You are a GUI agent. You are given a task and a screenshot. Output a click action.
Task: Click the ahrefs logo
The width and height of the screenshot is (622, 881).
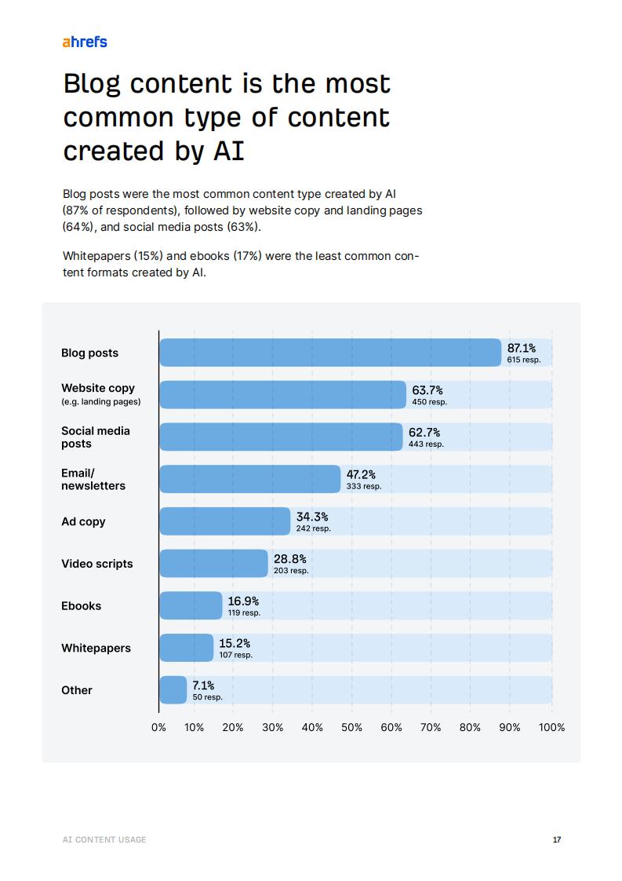click(85, 42)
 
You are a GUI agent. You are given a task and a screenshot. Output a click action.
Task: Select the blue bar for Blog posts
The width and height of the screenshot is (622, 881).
click(330, 353)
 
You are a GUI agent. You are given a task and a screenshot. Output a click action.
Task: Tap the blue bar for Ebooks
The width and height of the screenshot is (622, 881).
click(191, 605)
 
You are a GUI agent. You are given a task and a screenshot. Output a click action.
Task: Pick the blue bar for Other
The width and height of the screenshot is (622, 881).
click(173, 689)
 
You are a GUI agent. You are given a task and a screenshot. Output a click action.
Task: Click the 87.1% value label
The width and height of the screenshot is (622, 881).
click(522, 348)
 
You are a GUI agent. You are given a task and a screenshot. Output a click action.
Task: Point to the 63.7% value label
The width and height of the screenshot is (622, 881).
click(427, 390)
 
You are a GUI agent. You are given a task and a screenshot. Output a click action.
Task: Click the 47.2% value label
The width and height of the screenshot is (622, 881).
click(361, 474)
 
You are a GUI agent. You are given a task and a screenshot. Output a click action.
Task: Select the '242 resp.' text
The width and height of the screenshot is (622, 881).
click(313, 528)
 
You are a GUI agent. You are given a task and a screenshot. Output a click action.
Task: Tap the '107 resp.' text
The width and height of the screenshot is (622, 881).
click(235, 655)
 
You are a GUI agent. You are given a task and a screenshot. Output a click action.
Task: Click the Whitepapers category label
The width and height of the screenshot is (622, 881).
click(96, 648)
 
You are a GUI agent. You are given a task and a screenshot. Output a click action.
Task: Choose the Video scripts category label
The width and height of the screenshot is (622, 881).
click(97, 564)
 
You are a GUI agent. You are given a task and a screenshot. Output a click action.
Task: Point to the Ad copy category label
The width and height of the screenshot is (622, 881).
click(83, 521)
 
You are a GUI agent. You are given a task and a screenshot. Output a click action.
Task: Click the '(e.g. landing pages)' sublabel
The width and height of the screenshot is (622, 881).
click(101, 401)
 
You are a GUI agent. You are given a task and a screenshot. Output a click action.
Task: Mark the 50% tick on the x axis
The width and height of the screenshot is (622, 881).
click(352, 727)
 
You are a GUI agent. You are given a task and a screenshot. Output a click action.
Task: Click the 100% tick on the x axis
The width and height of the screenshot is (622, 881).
click(551, 727)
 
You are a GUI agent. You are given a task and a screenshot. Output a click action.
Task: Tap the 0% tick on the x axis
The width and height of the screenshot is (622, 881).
click(159, 727)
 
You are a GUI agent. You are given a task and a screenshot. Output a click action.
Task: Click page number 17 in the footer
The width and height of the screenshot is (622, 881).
click(557, 839)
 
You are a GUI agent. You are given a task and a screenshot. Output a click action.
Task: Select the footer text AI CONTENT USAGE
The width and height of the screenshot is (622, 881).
click(104, 839)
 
